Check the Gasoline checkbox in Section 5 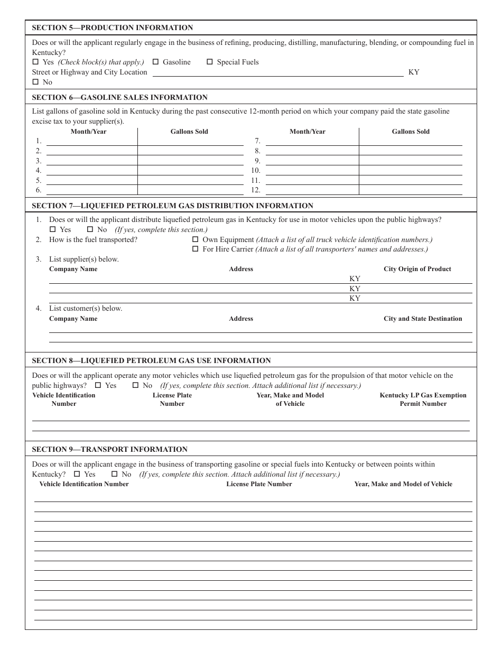(x=156, y=62)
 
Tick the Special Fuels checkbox (x=210, y=62)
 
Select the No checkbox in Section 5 (x=36, y=82)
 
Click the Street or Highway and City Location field (x=277, y=72)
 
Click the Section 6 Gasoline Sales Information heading (x=119, y=97)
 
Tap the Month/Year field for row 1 (x=91, y=141)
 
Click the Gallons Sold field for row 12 (x=410, y=190)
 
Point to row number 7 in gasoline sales (x=257, y=141)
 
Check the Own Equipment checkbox (x=196, y=239)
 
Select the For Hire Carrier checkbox (x=196, y=249)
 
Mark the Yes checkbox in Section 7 (x=53, y=229)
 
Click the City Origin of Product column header (x=417, y=269)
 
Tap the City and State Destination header (x=422, y=319)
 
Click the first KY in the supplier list (x=355, y=278)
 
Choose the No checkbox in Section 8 (x=135, y=385)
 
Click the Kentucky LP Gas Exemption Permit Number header (x=423, y=400)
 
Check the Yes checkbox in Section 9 (x=77, y=474)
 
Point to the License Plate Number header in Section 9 (x=259, y=484)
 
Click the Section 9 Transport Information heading (x=109, y=449)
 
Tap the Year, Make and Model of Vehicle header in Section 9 (x=403, y=484)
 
